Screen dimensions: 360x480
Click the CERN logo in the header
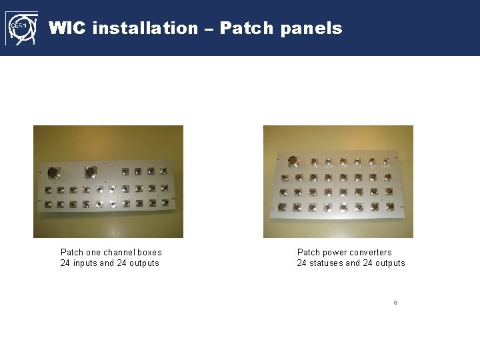(x=21, y=28)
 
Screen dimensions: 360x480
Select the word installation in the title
(x=146, y=28)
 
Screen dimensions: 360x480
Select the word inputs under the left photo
(x=83, y=263)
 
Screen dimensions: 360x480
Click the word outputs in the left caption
(x=143, y=263)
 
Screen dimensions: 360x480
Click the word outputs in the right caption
(x=389, y=263)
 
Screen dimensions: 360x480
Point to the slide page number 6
(x=395, y=303)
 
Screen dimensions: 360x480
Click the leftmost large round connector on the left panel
(x=52, y=171)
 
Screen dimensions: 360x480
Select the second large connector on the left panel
(x=90, y=171)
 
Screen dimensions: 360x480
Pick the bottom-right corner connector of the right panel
(x=389, y=207)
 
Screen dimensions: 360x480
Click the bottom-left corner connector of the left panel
(x=48, y=205)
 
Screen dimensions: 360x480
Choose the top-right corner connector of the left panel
(x=164, y=171)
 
